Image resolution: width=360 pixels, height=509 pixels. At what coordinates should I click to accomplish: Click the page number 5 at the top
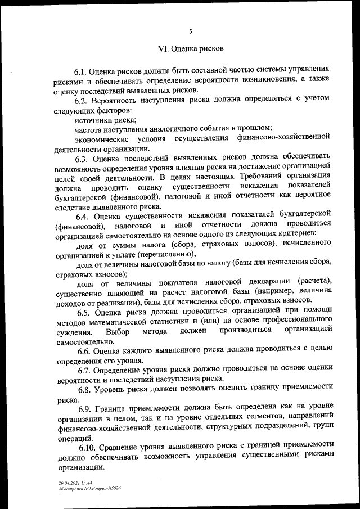[x=190, y=31]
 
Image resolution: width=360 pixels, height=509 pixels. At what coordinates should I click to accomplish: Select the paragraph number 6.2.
[x=83, y=100]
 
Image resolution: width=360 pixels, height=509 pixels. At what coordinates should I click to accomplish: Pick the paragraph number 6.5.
[x=85, y=312]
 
